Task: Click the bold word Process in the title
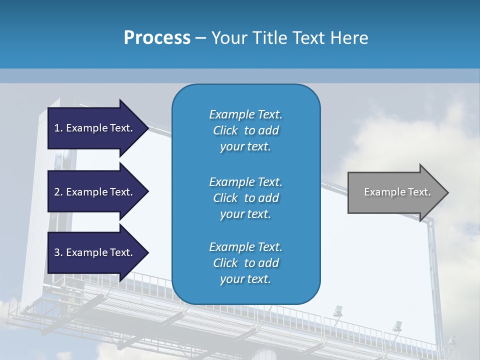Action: tap(157, 38)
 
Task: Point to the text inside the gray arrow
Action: tap(397, 192)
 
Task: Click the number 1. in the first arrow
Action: tap(58, 128)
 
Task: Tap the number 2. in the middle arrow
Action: tap(58, 192)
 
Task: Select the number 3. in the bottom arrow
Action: tap(58, 252)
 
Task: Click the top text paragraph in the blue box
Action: tap(245, 130)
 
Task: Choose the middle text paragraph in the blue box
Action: tap(245, 198)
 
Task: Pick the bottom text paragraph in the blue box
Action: tap(245, 263)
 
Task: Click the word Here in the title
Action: tap(350, 38)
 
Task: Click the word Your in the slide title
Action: tap(227, 38)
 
